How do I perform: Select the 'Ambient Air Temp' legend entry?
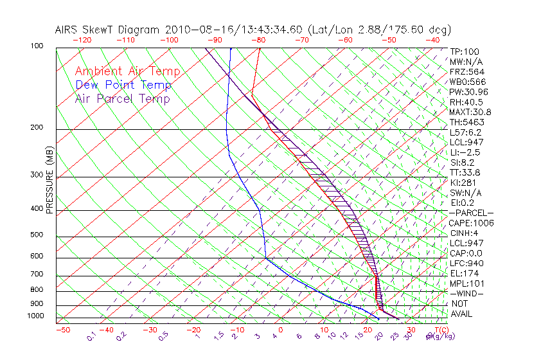[127, 71]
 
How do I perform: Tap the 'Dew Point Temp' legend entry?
[123, 85]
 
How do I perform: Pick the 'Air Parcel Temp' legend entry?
[122, 98]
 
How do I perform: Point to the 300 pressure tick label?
[38, 175]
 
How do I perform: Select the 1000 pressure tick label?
[36, 316]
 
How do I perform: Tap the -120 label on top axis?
[82, 40]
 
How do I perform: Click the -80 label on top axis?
[258, 40]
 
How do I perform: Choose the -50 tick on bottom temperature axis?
[62, 330]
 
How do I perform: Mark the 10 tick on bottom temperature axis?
[324, 330]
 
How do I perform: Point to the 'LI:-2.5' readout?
[465, 152]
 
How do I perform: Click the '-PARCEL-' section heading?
[471, 213]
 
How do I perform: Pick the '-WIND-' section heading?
[467, 293]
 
